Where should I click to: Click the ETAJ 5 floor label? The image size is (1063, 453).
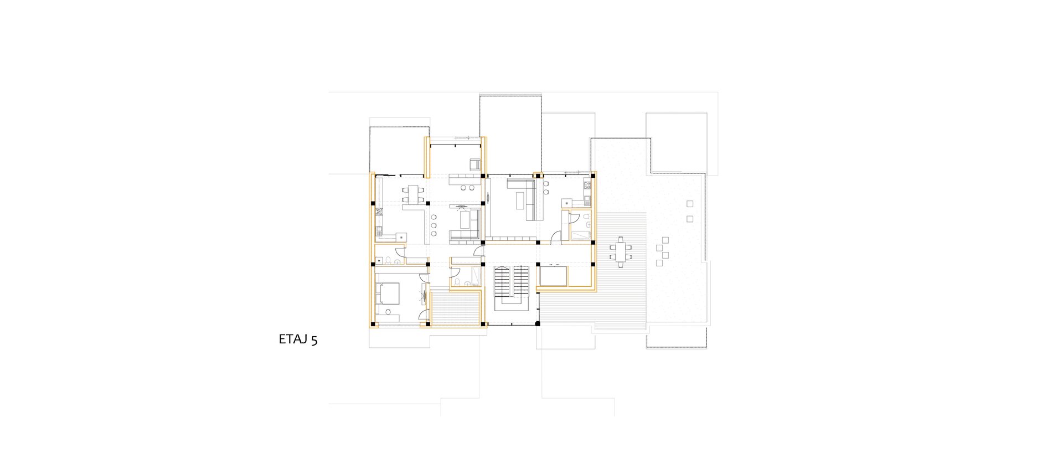tap(298, 340)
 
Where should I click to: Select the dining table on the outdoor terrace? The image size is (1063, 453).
tap(620, 253)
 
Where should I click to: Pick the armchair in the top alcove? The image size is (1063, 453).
tap(475, 164)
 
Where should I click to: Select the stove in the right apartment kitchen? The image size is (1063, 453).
tap(587, 188)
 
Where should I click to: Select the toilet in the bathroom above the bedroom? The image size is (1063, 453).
tap(389, 260)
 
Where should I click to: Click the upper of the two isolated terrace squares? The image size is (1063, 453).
tap(690, 204)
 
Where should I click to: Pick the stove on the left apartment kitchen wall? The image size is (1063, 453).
tap(380, 212)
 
